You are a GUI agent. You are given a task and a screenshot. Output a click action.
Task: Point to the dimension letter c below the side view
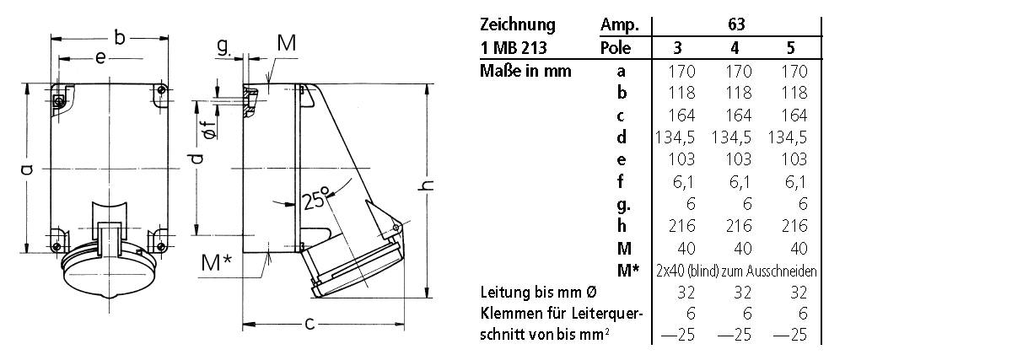(x=310, y=323)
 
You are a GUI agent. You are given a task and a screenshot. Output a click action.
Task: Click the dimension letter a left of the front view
(x=26, y=170)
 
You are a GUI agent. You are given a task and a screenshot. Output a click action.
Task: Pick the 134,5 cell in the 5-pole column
(x=789, y=137)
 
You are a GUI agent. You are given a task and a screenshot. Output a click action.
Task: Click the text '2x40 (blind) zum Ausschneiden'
(x=735, y=271)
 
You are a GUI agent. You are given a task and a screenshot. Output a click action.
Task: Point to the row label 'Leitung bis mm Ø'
(x=539, y=293)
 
